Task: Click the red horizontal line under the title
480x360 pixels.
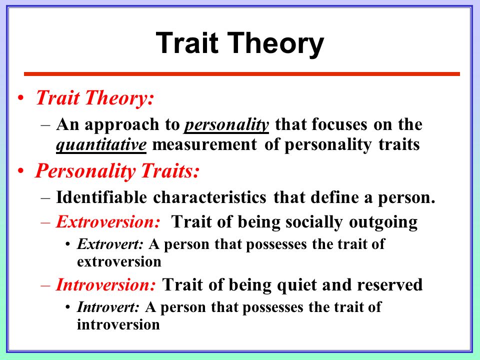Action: pos(242,74)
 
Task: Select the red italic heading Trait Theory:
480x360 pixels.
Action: pos(94,98)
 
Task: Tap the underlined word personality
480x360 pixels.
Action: pos(226,125)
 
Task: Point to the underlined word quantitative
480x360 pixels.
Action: pos(101,145)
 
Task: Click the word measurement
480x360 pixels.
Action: pos(204,144)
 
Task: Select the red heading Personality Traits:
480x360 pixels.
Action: pos(117,171)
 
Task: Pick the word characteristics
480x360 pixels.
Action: pos(209,197)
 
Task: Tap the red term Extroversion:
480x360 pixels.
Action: pos(108,221)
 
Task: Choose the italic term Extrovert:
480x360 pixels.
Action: pos(110,244)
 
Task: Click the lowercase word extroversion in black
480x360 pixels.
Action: pos(119,261)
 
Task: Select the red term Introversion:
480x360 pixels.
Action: pos(106,284)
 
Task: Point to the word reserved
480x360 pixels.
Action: pos(389,284)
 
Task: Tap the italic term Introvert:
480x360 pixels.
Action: pos(108,307)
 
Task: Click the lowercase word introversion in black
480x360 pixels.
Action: pos(118,324)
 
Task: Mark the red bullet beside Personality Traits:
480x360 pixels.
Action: pos(20,171)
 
